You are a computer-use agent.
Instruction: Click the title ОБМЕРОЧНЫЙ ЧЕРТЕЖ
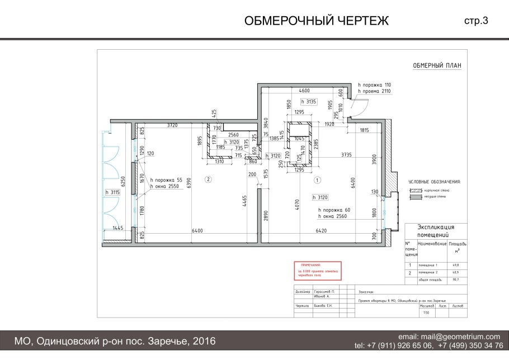[317, 21]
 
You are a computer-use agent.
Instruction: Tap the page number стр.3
[476, 21]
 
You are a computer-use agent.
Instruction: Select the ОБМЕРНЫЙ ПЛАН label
[437, 65]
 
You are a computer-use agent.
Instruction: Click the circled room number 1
[317, 180]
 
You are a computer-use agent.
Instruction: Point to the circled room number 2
[208, 179]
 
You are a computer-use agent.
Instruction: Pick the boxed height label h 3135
[309, 102]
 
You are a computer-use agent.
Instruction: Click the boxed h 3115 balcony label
[113, 192]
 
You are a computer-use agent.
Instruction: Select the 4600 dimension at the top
[304, 90]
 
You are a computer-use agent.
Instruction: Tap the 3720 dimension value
[172, 125]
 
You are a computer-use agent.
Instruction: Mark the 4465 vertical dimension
[244, 201]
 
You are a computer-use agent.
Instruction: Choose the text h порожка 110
[374, 84]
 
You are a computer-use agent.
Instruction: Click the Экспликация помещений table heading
[436, 230]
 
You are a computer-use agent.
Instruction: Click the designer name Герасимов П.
[325, 292]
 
